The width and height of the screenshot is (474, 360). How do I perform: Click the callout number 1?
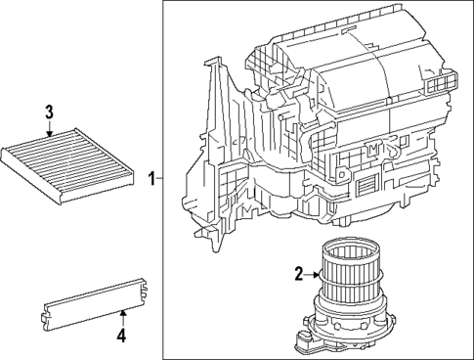151,179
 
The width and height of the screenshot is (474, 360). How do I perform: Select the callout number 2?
297,275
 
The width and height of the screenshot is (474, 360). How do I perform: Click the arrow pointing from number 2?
312,275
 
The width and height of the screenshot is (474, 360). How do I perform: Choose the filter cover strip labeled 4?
96,300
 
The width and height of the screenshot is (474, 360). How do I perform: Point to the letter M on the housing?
373,147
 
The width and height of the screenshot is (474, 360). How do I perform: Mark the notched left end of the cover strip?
45,314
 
